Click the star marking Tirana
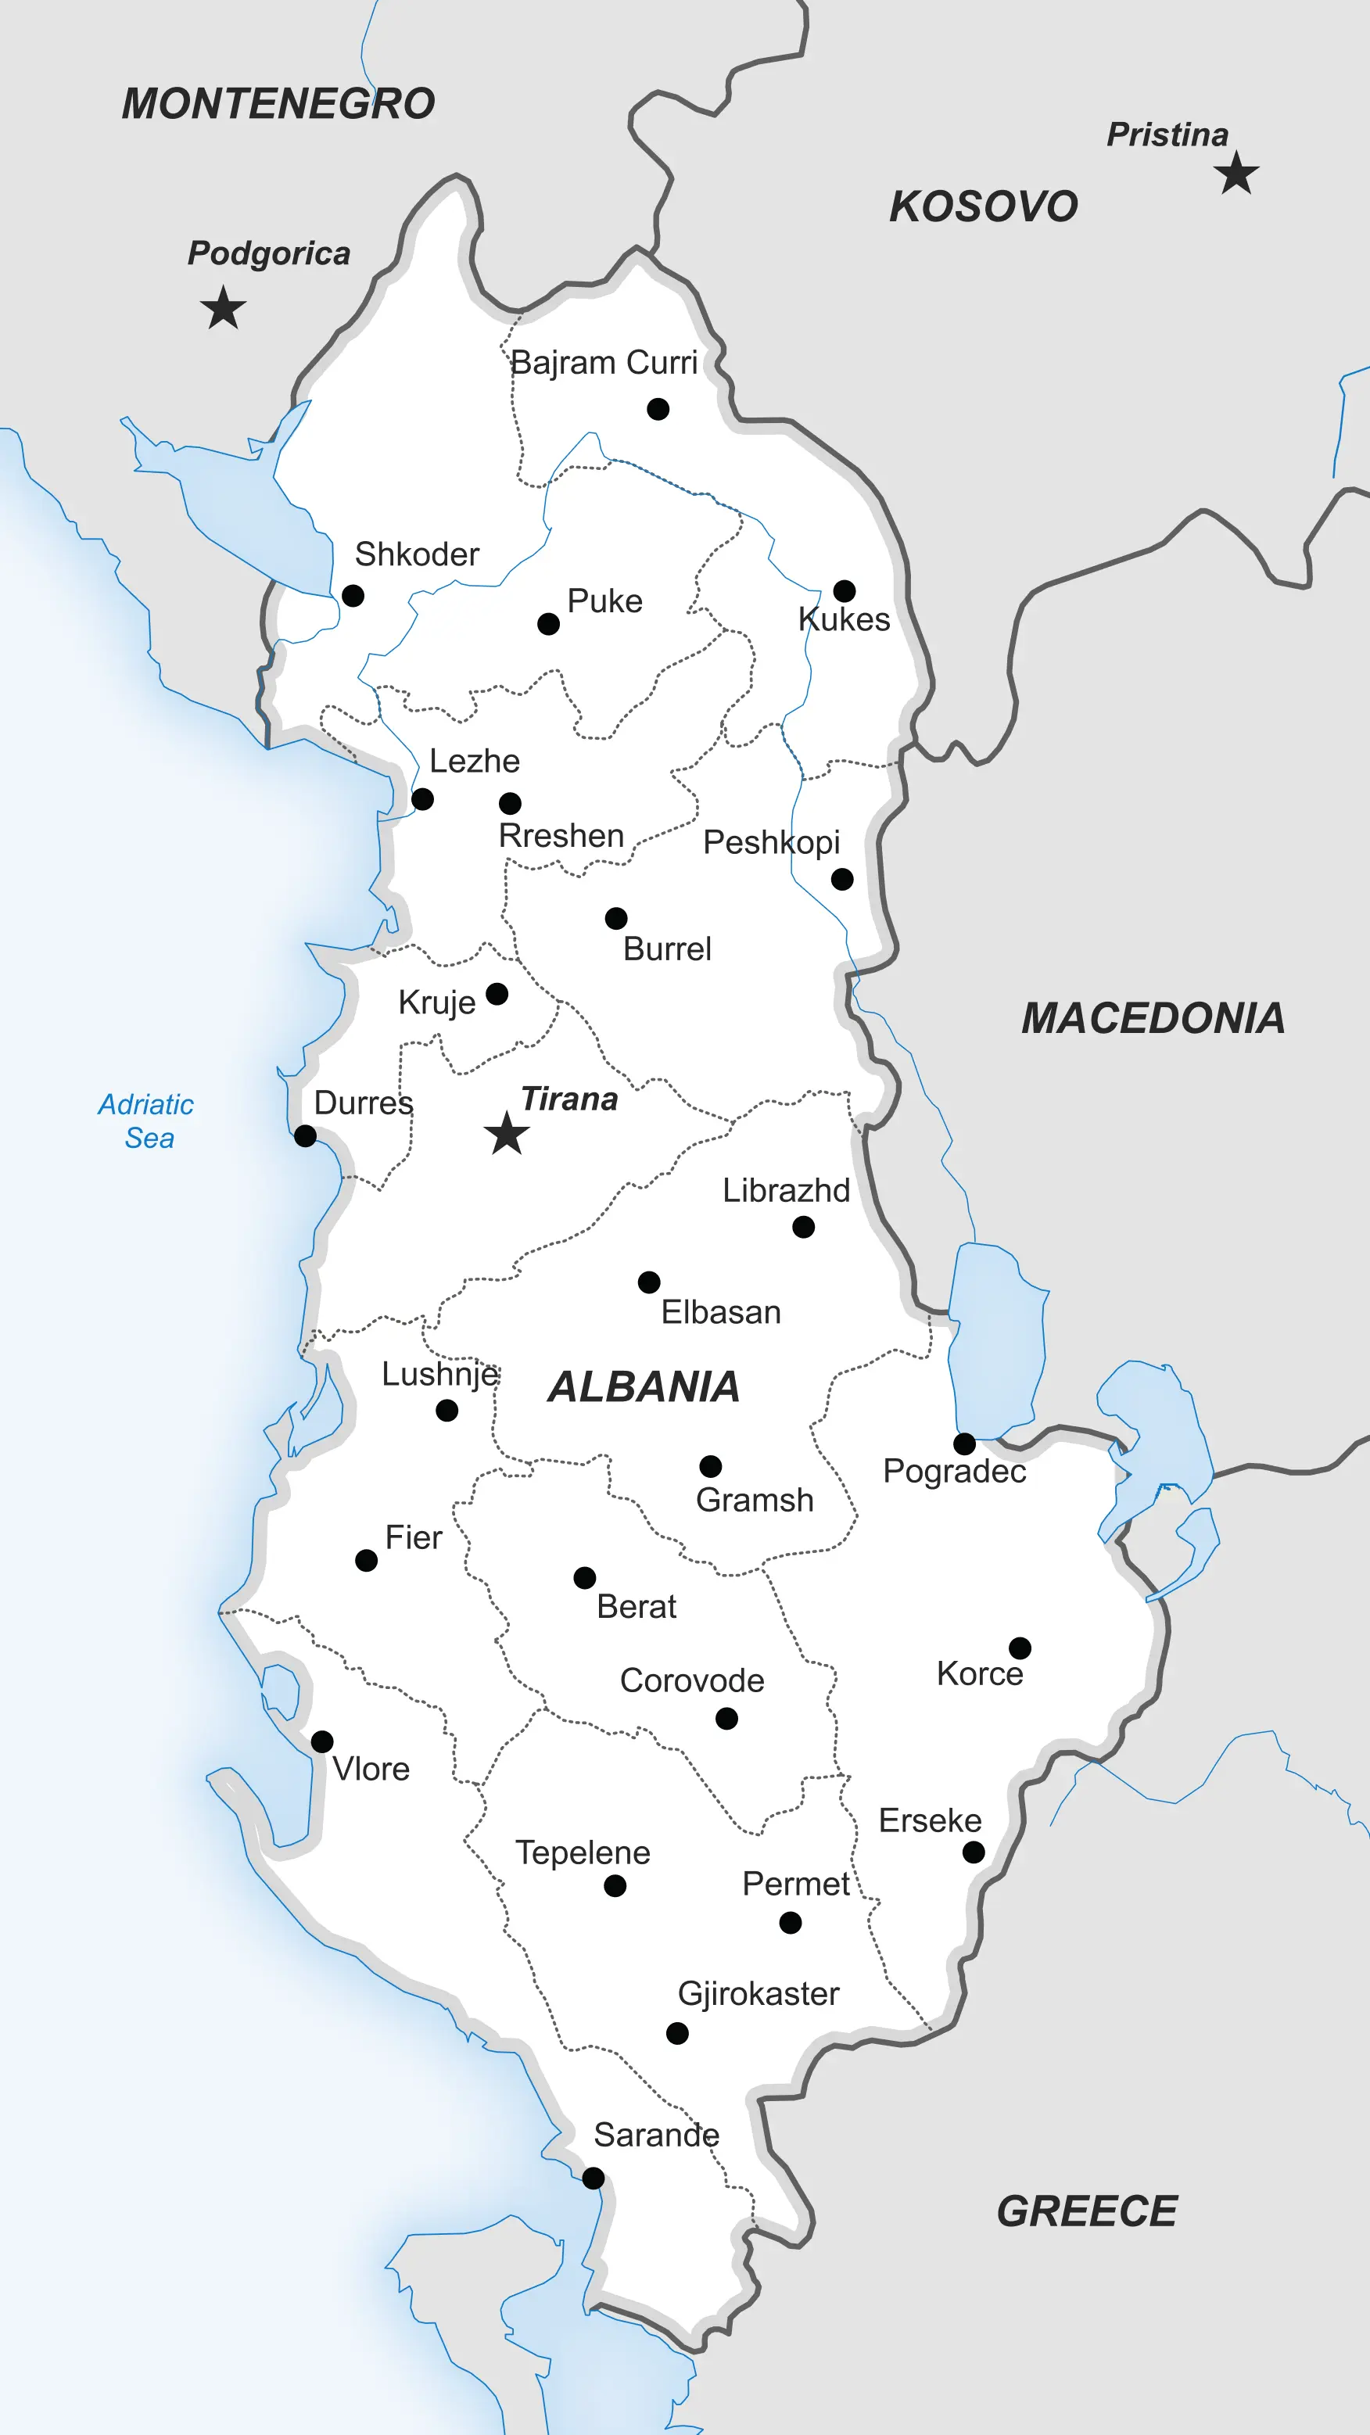507,1133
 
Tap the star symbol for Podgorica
223,308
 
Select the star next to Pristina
1237,174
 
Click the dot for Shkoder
353,596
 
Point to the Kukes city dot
845,591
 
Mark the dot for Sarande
594,2178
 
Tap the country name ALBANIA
643,1386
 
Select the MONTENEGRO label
278,104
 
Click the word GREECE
1087,2211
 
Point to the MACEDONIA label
1153,1018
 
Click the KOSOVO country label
983,207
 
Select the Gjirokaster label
759,1993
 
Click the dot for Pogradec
964,1443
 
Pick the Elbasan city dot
648,1282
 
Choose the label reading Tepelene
583,1852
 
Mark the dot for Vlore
322,1741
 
